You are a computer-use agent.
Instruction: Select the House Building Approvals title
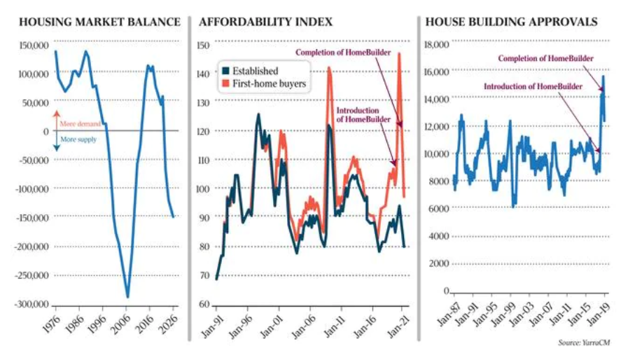point(511,22)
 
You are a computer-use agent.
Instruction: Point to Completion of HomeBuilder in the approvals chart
point(546,58)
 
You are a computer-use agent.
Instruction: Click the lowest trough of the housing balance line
point(127,296)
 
